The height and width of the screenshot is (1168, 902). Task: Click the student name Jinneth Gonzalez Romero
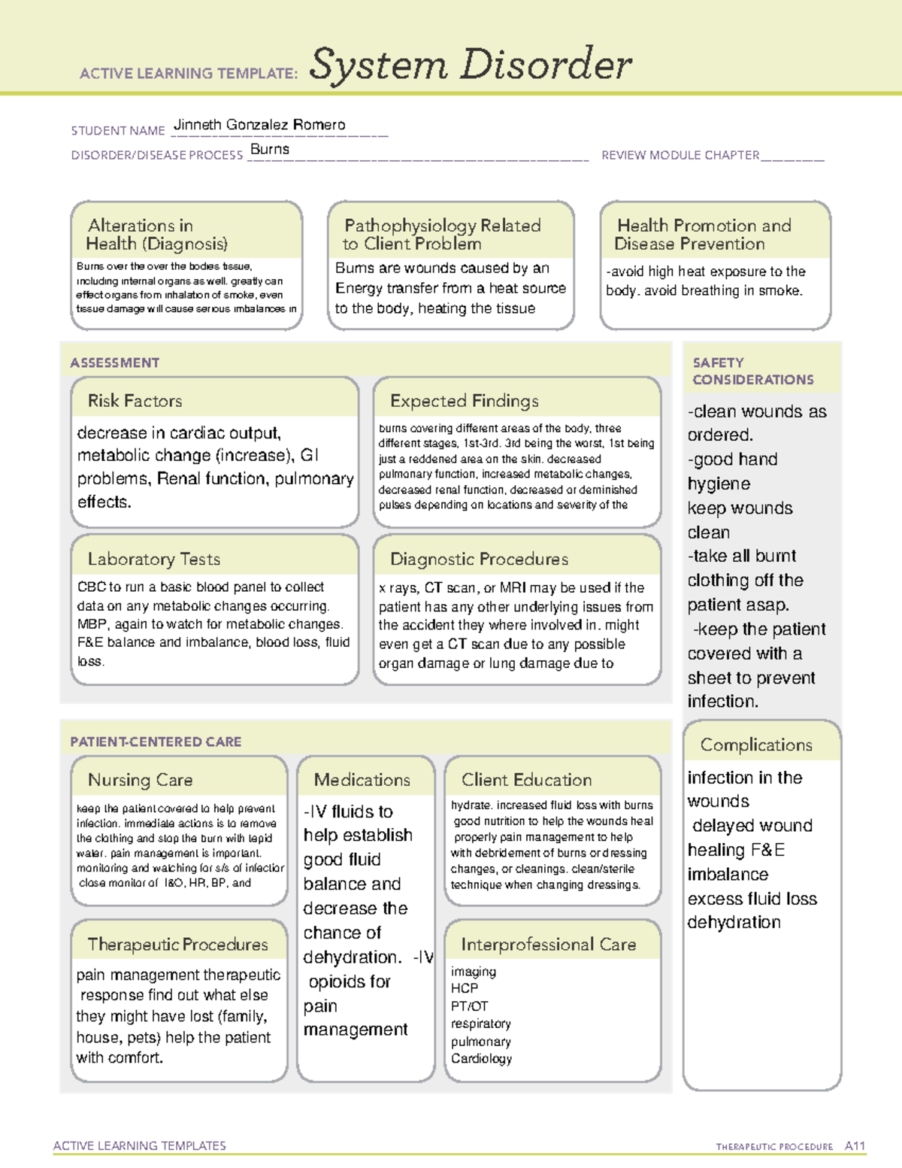(x=259, y=125)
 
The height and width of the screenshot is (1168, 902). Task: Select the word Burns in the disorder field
(x=269, y=149)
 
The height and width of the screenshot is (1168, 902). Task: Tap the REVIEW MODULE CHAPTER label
(x=680, y=155)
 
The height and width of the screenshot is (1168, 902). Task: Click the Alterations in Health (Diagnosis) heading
(x=156, y=235)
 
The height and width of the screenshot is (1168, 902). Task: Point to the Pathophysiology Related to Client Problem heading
(x=442, y=235)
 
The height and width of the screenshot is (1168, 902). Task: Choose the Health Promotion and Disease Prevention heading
(x=703, y=235)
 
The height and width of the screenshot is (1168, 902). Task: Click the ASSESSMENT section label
(x=115, y=363)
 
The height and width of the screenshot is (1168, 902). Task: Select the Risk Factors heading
(x=135, y=401)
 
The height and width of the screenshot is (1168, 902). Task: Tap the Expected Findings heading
(x=464, y=401)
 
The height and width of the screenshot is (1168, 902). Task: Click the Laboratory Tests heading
(x=153, y=559)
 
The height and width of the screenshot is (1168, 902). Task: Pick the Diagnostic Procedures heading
(x=479, y=559)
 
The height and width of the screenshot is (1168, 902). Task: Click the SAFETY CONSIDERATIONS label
(x=752, y=372)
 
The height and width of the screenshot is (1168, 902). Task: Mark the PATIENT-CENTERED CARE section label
(x=156, y=742)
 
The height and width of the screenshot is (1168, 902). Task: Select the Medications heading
(x=362, y=780)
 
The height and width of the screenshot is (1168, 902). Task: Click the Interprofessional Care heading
(x=548, y=945)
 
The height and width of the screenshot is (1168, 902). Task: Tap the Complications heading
(x=755, y=745)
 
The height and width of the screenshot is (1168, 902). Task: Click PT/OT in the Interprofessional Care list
(x=469, y=1006)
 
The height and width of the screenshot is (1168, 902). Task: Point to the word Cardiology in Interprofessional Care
(x=481, y=1059)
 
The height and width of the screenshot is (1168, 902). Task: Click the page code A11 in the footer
(x=855, y=1146)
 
